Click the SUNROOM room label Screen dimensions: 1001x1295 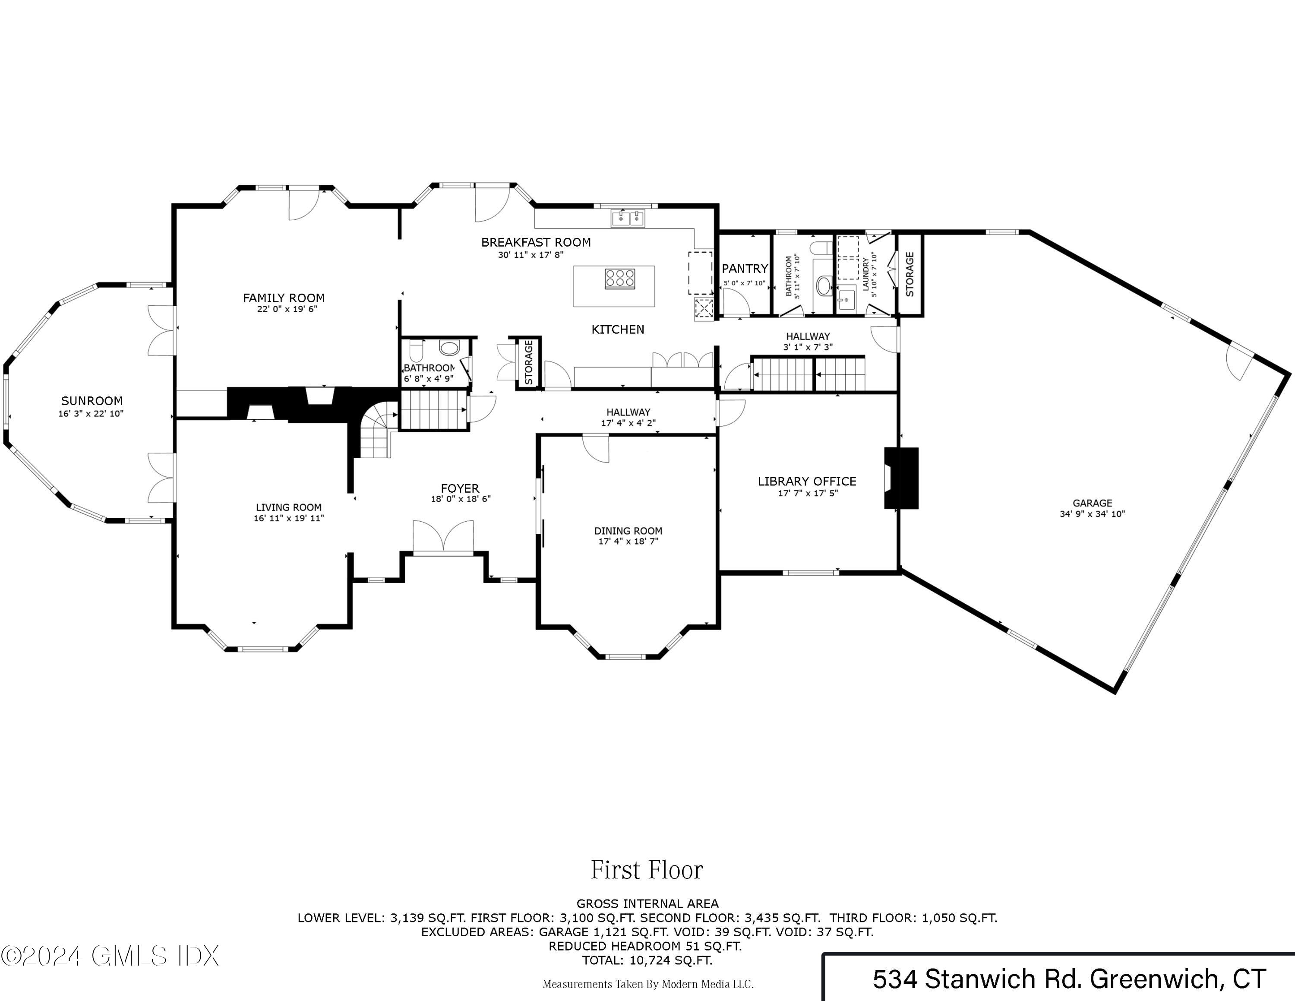pyautogui.click(x=92, y=401)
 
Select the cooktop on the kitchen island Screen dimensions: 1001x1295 pyautogui.click(x=619, y=279)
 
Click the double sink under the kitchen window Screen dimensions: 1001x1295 pyautogui.click(x=629, y=218)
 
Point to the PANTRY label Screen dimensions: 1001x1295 pyautogui.click(x=745, y=269)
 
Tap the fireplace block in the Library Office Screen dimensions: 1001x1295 pyautogui.click(x=901, y=478)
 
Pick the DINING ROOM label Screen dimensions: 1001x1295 pyautogui.click(x=629, y=531)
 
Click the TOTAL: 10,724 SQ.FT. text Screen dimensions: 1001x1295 pyautogui.click(x=647, y=960)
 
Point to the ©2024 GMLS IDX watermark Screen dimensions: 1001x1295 pyautogui.click(x=110, y=956)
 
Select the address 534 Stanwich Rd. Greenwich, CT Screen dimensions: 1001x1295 pyautogui.click(x=1069, y=979)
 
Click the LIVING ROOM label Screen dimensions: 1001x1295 pyautogui.click(x=289, y=507)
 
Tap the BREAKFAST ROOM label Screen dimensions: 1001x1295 pyautogui.click(x=535, y=242)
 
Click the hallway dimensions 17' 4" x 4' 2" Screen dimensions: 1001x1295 pyautogui.click(x=628, y=423)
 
